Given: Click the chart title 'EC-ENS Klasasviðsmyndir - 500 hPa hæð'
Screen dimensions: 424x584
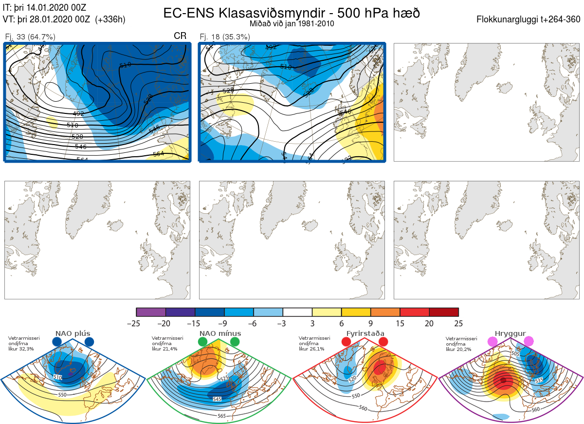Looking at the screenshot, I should coord(292,13).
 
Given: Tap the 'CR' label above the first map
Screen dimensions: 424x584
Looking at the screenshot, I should coord(180,36).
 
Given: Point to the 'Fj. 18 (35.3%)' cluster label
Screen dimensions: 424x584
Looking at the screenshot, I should coord(225,37).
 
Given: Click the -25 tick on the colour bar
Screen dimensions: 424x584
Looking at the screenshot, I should coord(137,323).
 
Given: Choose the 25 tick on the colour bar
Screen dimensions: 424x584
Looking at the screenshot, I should coord(458,323).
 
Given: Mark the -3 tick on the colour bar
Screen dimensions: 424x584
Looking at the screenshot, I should coord(283,323).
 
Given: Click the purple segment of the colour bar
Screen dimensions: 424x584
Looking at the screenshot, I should coord(151,312).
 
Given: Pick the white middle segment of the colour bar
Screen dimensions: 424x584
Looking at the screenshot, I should coord(297,312).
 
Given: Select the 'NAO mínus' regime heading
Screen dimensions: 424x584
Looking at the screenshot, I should coord(220,333).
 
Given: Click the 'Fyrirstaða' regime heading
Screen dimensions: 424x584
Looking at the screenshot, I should coord(365,333).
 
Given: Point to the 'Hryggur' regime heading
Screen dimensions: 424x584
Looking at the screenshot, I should coord(511,333).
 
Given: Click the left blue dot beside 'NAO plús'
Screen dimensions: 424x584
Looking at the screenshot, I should coord(57,342).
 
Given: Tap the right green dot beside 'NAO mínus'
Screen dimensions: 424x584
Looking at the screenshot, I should coord(235,342).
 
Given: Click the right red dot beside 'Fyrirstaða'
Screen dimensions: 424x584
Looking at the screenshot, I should coord(383,342).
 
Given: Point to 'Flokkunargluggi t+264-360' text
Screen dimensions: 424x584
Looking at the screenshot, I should coord(530,19).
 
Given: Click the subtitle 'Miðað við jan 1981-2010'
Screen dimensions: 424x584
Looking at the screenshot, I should coord(291,23).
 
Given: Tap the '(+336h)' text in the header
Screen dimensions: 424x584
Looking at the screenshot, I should coord(110,19).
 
